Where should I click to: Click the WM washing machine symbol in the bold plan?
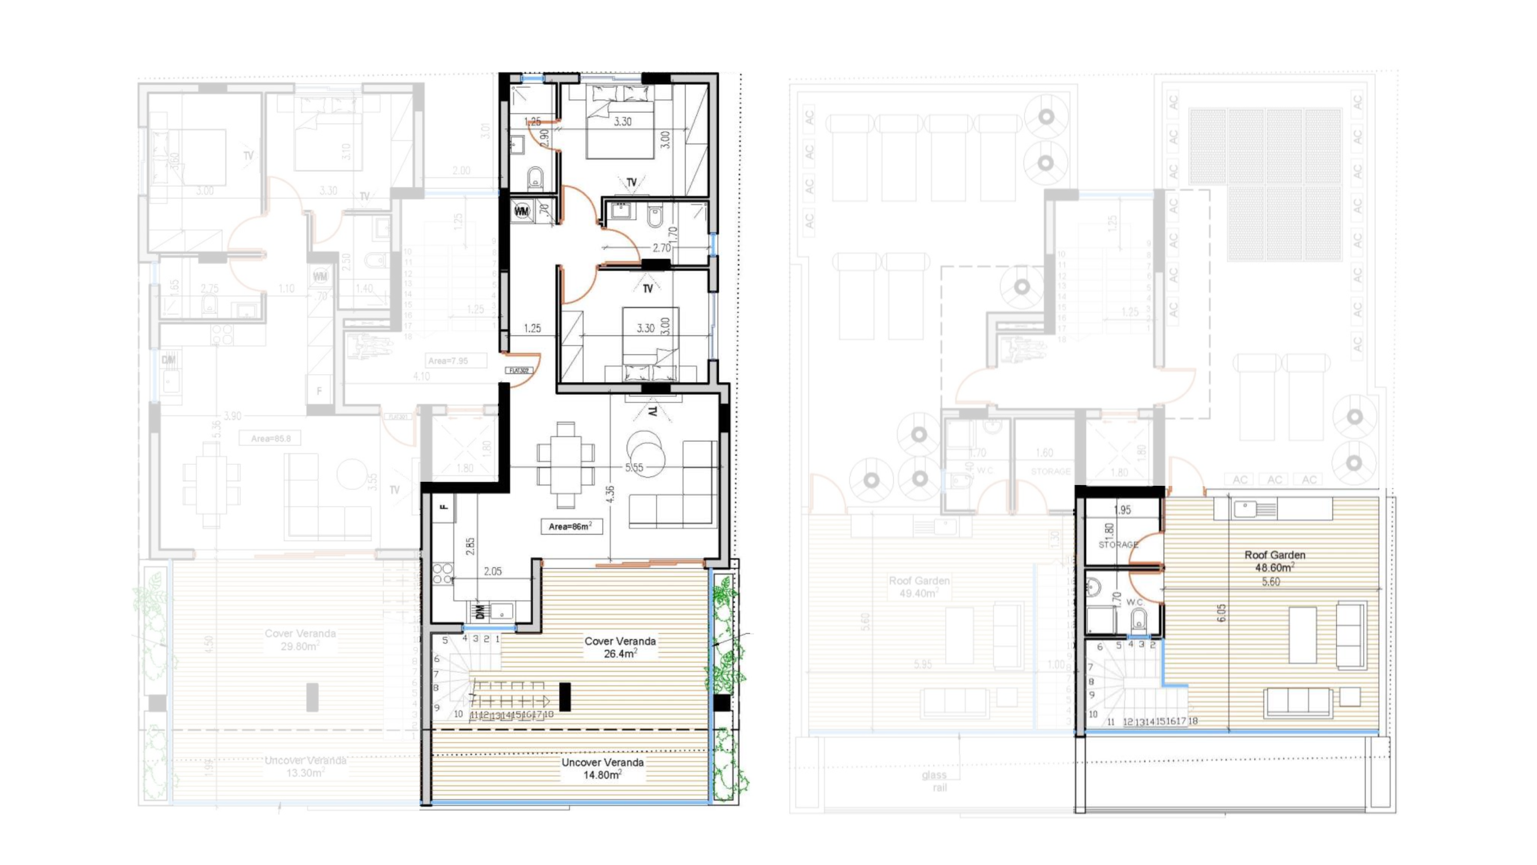(522, 211)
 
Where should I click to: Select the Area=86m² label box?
(570, 527)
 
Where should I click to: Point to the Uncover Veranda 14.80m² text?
(602, 768)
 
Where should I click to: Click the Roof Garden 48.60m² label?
(1274, 561)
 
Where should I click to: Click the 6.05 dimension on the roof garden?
(1221, 612)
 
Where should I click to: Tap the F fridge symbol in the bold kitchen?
(443, 507)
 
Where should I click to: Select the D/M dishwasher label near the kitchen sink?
(480, 611)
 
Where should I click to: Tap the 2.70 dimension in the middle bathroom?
(661, 248)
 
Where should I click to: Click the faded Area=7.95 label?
(447, 360)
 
